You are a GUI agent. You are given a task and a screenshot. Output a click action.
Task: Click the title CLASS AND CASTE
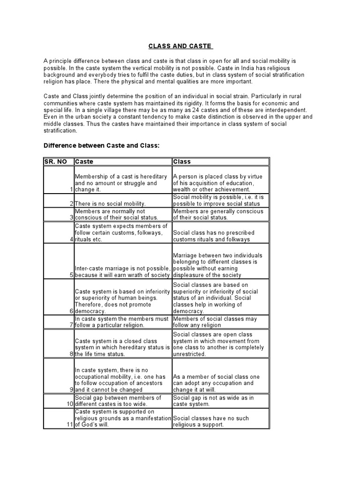pyautogui.click(x=180, y=46)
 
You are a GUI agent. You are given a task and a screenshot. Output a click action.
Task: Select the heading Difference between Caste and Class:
pyautogui.click(x=102, y=146)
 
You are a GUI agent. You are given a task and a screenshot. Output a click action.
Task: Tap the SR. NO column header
pyautogui.click(x=55, y=162)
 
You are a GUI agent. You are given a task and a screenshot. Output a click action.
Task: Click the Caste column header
pyautogui.click(x=84, y=162)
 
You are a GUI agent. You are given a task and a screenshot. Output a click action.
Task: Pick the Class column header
pyautogui.click(x=182, y=162)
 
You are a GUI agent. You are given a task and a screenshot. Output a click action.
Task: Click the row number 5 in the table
pyautogui.click(x=72, y=275)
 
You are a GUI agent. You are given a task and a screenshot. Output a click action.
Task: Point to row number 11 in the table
pyautogui.click(x=69, y=425)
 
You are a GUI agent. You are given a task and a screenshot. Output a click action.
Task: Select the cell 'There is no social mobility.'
pyautogui.click(x=111, y=203)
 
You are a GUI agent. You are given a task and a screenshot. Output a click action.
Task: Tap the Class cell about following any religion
pyautogui.click(x=216, y=322)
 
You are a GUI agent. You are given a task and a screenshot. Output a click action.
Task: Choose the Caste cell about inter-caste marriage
pyautogui.click(x=122, y=272)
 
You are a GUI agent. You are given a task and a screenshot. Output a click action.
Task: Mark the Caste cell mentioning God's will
pyautogui.click(x=123, y=418)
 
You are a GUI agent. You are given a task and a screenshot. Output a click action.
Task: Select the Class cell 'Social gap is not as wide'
pyautogui.click(x=213, y=401)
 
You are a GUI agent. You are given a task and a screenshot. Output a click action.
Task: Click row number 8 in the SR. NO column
pyautogui.click(x=72, y=354)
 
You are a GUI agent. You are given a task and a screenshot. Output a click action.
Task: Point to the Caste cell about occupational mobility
pyautogui.click(x=120, y=380)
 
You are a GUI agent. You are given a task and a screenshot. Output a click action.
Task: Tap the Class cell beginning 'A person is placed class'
pyautogui.click(x=218, y=183)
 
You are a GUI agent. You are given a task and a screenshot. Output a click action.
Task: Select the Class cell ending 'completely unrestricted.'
pyautogui.click(x=218, y=345)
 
